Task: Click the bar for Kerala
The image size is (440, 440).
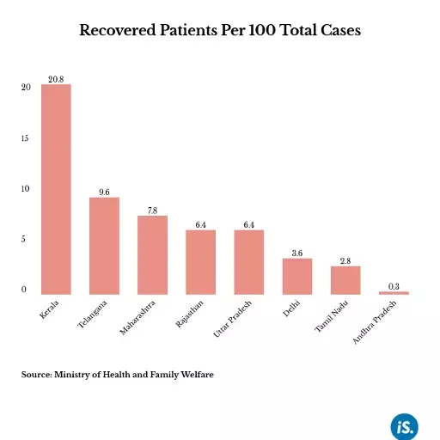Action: pyautogui.click(x=56, y=189)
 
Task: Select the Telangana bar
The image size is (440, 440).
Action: pyautogui.click(x=104, y=246)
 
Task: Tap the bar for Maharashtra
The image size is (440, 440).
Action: pyautogui.click(x=152, y=254)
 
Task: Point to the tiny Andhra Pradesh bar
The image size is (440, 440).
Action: pyautogui.click(x=394, y=293)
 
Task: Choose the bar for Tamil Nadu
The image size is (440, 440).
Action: pyautogui.click(x=345, y=280)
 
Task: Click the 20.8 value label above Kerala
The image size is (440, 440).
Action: pyautogui.click(x=56, y=78)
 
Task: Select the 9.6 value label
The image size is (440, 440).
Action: pyautogui.click(x=104, y=192)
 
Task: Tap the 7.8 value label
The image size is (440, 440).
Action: pyautogui.click(x=152, y=210)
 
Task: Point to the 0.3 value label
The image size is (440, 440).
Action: pyautogui.click(x=394, y=285)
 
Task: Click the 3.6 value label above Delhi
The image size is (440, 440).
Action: pyautogui.click(x=296, y=253)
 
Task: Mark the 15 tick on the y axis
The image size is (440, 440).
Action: pyautogui.click(x=25, y=138)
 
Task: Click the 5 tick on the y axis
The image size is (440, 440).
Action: pyautogui.click(x=25, y=240)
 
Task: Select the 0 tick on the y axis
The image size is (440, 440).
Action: pyautogui.click(x=25, y=290)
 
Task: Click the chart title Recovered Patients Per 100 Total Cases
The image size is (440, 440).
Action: pyautogui.click(x=220, y=30)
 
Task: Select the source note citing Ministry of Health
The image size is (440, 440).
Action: pyautogui.click(x=117, y=375)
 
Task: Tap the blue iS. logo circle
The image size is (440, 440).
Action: pyautogui.click(x=404, y=425)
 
